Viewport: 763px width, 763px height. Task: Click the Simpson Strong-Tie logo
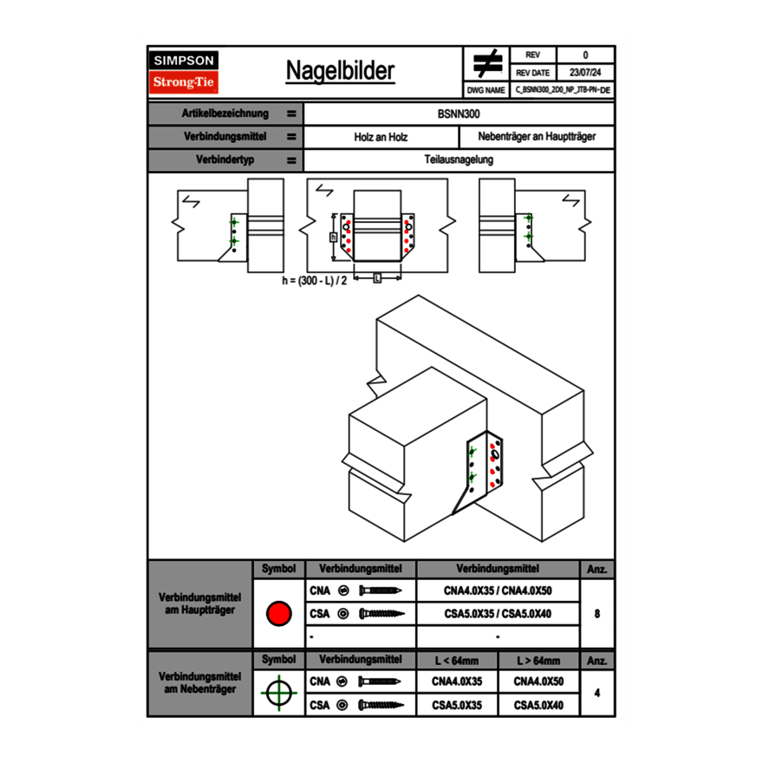pos(184,72)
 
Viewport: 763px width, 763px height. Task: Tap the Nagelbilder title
pos(340,71)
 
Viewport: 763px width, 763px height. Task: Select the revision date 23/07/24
pos(585,73)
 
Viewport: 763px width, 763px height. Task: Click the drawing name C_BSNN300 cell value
pos(562,90)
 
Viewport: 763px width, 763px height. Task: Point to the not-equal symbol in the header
pos(486,63)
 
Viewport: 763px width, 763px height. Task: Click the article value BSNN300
pos(459,114)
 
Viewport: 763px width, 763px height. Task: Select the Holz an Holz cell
pos(381,137)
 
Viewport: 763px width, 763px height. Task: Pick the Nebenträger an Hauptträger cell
pos(537,137)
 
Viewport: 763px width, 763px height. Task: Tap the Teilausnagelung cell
pos(459,160)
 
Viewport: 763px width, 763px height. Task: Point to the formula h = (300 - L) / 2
pos(314,282)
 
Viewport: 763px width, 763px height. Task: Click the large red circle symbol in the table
pos(278,614)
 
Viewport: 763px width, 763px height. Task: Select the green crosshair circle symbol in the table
pos(278,693)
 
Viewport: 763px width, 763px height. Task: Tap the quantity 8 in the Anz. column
pos(597,614)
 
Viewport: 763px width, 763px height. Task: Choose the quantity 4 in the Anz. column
pos(597,693)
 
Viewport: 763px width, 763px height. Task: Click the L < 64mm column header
pos(457,661)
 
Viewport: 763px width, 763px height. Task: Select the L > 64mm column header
pos(538,661)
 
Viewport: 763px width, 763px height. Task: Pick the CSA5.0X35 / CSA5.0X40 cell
pos(498,614)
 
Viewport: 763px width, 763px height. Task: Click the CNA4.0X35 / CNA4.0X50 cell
pos(498,590)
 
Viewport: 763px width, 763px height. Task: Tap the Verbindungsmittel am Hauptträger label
pos(199,604)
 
